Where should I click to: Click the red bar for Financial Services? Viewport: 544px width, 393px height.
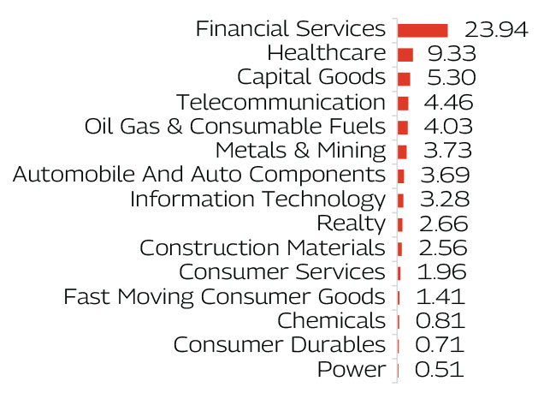423,30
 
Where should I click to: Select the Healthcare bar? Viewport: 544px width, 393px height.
405,54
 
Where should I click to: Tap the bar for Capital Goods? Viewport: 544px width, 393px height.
404,79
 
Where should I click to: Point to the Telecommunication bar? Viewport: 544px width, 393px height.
403,103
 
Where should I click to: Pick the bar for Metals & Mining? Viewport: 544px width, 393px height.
402,152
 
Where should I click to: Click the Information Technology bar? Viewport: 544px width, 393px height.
401,200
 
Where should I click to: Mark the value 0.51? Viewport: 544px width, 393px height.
439,371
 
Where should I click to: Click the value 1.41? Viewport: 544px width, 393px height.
440,297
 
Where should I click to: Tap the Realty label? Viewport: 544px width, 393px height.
351,224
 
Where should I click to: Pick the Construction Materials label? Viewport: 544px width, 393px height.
262,249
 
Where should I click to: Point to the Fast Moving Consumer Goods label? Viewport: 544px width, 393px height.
224,297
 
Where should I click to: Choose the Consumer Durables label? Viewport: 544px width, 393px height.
279,346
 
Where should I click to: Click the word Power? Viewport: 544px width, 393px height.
351,371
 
